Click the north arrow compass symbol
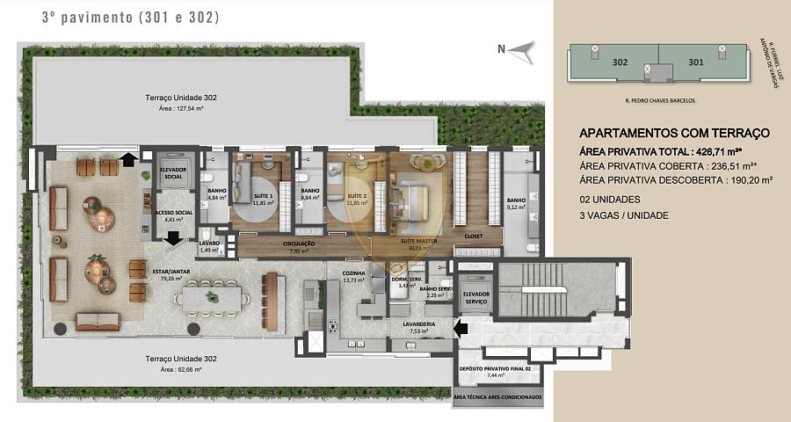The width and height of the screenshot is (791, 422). pos(521,50)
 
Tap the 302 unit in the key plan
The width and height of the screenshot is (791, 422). pos(620,62)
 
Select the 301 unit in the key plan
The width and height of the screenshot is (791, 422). pos(695,62)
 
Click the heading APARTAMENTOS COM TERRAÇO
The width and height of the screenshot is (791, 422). pos(674,133)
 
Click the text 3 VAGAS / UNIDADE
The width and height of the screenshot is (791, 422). pos(623,215)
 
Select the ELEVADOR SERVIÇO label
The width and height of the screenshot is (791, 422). pos(475,297)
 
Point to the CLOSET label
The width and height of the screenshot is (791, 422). pos(474,237)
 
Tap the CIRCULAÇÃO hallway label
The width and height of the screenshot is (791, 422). pos(300,245)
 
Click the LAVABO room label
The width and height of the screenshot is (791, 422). pos(209,244)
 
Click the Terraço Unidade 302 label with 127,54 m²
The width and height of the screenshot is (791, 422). pos(181,96)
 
